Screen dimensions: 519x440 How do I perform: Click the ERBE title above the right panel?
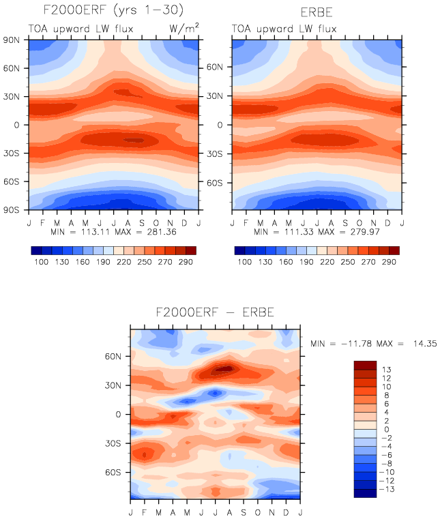(317, 12)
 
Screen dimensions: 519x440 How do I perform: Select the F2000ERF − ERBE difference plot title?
(214, 314)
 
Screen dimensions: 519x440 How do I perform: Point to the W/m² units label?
(184, 28)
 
